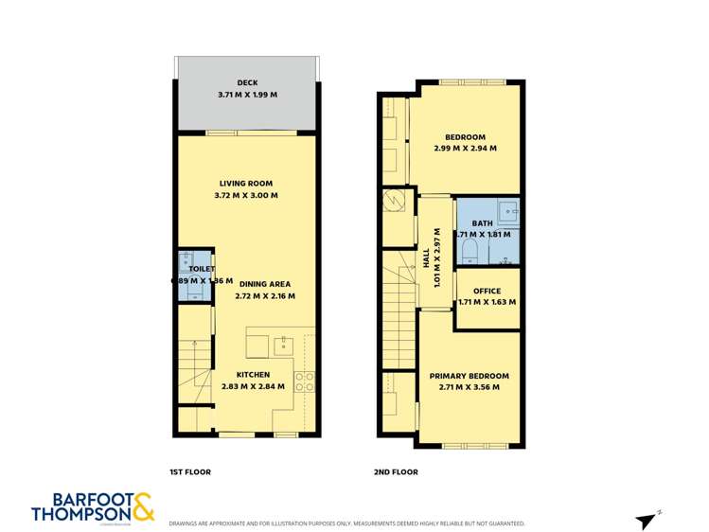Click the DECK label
[247, 83]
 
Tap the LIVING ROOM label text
[247, 184]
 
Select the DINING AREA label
[264, 284]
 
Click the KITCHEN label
[253, 375]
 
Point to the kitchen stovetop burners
[305, 381]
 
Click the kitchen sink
[281, 346]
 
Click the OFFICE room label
[487, 291]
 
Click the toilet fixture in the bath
[468, 250]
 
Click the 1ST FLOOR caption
[189, 471]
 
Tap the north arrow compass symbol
[647, 520]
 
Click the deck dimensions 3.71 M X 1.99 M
[247, 95]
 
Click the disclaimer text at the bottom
[346, 523]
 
